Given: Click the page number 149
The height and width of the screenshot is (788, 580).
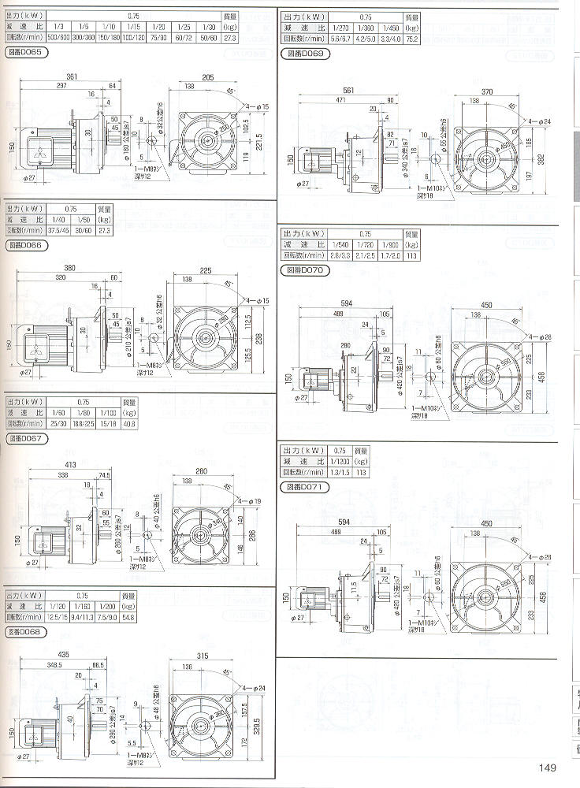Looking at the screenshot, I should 548,768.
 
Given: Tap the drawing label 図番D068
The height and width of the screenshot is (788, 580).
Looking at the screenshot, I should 26,632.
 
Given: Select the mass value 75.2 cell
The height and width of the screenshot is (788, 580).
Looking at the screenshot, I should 411,36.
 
